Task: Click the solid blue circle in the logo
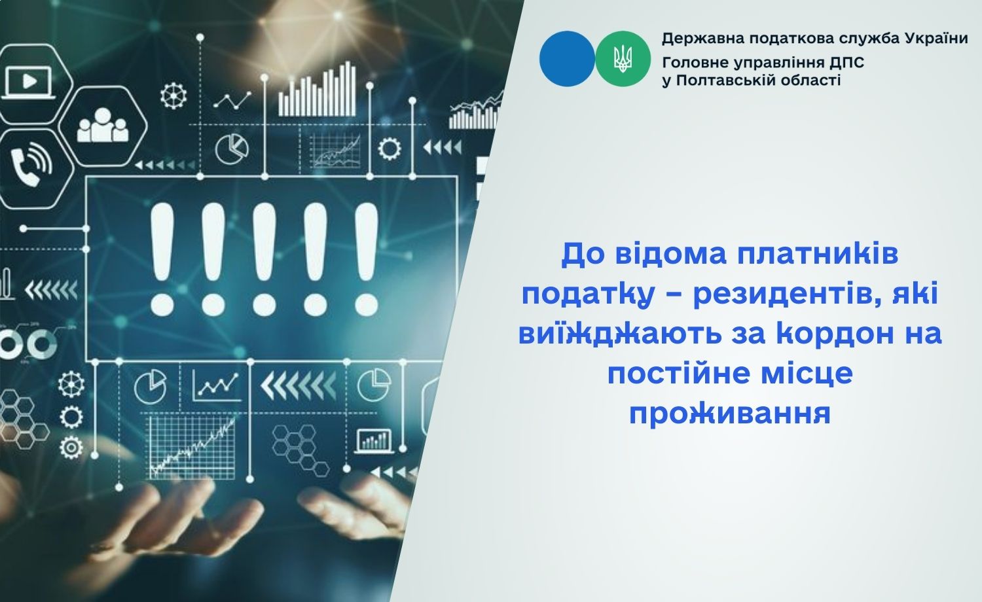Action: (x=568, y=59)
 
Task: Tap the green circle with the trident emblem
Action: (x=623, y=59)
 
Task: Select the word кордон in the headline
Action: (x=830, y=334)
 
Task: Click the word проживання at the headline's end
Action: (x=730, y=414)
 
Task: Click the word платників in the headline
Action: (x=818, y=255)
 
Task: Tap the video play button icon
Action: (x=29, y=82)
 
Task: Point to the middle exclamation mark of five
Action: (x=264, y=259)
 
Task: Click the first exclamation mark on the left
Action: (x=162, y=259)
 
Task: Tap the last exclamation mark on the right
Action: (x=367, y=259)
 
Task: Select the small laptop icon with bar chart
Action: (x=374, y=440)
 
